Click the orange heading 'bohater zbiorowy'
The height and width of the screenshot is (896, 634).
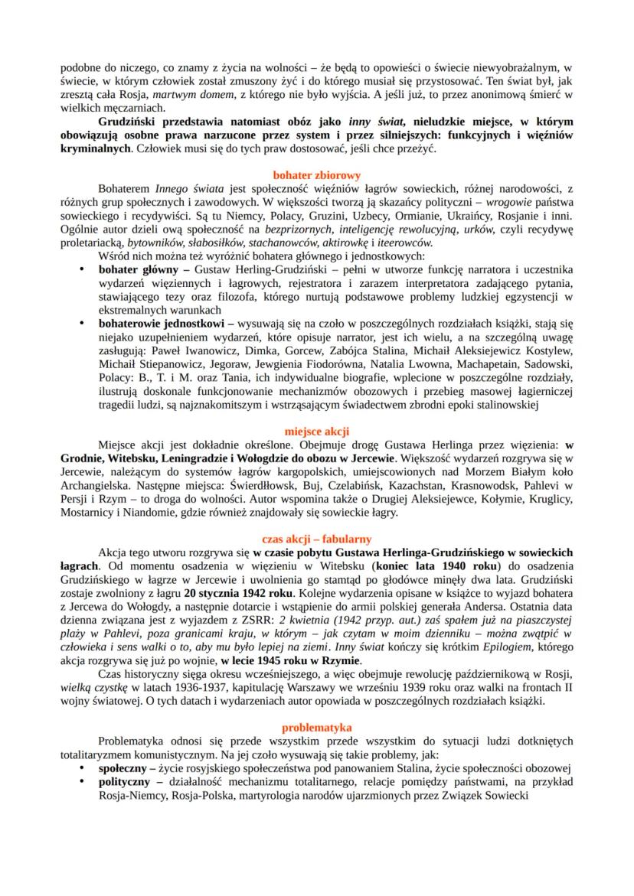coord(316,174)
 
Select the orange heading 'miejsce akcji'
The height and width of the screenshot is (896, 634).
coord(316,431)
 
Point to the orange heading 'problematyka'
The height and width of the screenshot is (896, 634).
coord(316,727)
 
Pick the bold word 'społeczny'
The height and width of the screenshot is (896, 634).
coord(123,767)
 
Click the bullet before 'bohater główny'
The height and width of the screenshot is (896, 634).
coord(83,271)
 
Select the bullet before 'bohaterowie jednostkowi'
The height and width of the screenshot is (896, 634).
coord(83,324)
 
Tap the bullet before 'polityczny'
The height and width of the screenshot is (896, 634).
coord(83,781)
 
